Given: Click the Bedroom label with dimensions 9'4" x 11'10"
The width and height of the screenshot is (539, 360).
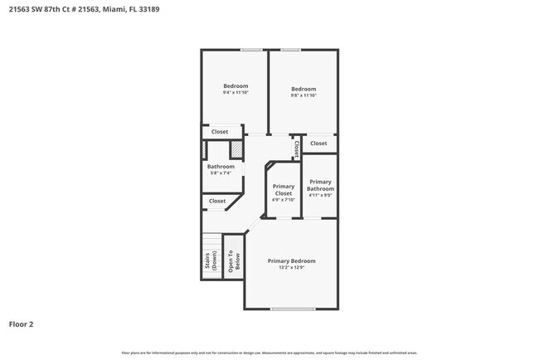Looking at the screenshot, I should pyautogui.click(x=236, y=86).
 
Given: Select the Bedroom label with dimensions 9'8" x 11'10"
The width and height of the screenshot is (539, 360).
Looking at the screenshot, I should pyautogui.click(x=303, y=89).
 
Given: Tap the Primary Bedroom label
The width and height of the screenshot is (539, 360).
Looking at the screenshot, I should pyautogui.click(x=291, y=260).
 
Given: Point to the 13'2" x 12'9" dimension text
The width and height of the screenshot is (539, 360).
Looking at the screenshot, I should pyautogui.click(x=291, y=268).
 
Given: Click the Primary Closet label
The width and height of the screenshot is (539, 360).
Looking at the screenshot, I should pyautogui.click(x=283, y=190).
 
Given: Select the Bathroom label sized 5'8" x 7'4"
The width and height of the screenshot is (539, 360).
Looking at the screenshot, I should pyautogui.click(x=221, y=167).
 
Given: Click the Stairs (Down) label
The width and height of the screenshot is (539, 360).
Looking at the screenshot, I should pyautogui.click(x=211, y=262).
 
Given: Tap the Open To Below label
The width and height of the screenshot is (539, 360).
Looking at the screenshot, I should pyautogui.click(x=233, y=262).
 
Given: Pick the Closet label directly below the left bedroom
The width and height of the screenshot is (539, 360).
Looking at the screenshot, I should pyautogui.click(x=220, y=132).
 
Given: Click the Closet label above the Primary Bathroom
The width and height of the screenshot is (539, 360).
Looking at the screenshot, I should pyautogui.click(x=318, y=144).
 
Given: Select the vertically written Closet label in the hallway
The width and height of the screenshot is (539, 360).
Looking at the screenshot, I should pyautogui.click(x=296, y=148).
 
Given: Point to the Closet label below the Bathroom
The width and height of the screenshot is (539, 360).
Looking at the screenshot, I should pyautogui.click(x=217, y=201).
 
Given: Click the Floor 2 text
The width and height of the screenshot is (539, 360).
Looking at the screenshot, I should pyautogui.click(x=22, y=324).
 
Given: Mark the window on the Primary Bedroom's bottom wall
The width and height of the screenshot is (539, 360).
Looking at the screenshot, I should pyautogui.click(x=293, y=309).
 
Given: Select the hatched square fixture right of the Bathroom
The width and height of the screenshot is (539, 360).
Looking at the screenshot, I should pyautogui.click(x=236, y=149).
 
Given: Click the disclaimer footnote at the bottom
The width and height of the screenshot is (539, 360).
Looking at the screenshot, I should pyautogui.click(x=269, y=353).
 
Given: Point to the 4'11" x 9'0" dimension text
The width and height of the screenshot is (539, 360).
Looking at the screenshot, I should pyautogui.click(x=320, y=196).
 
